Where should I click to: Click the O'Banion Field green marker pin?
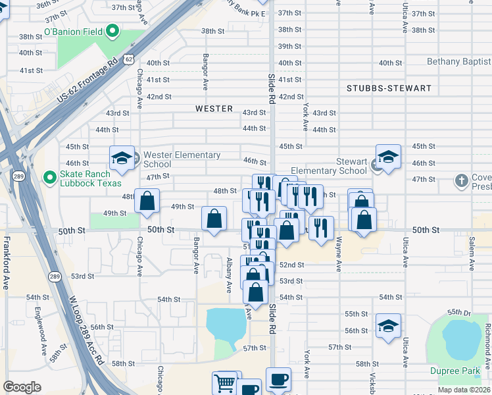pyautogui.click(x=112, y=30)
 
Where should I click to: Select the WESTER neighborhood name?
pyautogui.click(x=214, y=109)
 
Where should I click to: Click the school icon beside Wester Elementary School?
pyautogui.click(x=122, y=157)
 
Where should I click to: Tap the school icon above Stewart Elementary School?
pyautogui.click(x=388, y=157)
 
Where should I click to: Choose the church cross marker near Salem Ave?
pyautogui.click(x=462, y=180)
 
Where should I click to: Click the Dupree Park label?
pyautogui.click(x=455, y=371)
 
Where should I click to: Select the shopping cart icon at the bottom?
pyautogui.click(x=225, y=382)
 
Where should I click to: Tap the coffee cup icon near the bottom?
pyautogui.click(x=278, y=379)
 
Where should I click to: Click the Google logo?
pyautogui.click(x=22, y=387)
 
